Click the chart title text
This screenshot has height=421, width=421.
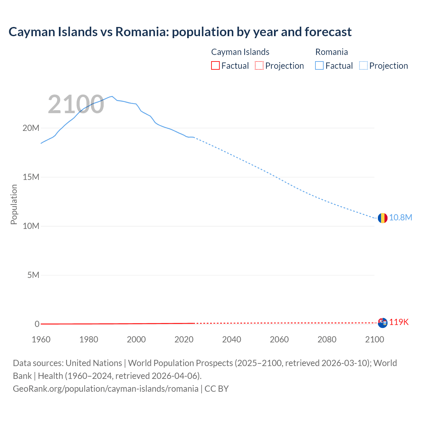click(180, 32)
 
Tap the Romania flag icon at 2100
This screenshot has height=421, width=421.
click(382, 218)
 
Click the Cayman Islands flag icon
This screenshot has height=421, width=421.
click(382, 323)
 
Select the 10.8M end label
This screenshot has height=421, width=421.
click(400, 218)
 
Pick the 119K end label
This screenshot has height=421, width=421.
click(399, 322)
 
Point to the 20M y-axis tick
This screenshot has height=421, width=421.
click(31, 128)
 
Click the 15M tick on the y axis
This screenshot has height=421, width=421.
click(31, 177)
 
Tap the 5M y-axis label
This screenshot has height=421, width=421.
click(33, 275)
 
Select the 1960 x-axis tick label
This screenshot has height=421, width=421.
click(41, 339)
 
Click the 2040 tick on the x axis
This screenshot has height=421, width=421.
click(232, 339)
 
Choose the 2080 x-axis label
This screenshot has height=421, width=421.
click(327, 339)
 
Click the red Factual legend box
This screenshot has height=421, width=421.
click(215, 65)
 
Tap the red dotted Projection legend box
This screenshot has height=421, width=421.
click(259, 65)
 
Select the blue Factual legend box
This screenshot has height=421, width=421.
click(319, 65)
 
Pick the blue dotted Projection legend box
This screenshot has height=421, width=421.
click(363, 65)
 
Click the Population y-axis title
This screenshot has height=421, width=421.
click(14, 204)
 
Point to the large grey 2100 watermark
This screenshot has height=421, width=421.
click(76, 105)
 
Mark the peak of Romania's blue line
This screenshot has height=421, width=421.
click(112, 96)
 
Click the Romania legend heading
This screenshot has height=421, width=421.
click(331, 52)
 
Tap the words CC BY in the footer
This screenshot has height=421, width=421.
click(216, 389)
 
